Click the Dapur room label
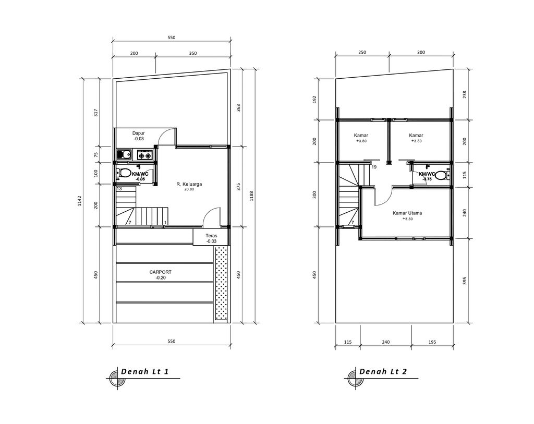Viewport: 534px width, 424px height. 138,133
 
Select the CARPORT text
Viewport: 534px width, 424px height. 160,272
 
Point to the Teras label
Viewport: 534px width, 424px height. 211,236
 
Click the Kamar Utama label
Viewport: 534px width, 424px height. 407,213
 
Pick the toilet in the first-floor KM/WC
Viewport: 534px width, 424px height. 125,173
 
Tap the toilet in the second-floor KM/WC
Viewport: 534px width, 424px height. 441,175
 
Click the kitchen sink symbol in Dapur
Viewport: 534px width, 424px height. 124,154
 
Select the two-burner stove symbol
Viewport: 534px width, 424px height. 144,155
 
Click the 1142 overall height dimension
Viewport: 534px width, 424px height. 80,200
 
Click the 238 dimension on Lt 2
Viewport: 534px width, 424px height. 465,94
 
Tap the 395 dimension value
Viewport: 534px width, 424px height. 465,281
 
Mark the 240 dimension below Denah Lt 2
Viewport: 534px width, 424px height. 385,342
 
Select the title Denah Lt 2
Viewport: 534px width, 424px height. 383,371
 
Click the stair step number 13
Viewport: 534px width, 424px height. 119,188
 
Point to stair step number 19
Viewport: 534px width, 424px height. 374,167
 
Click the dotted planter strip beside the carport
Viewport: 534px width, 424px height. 222,284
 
